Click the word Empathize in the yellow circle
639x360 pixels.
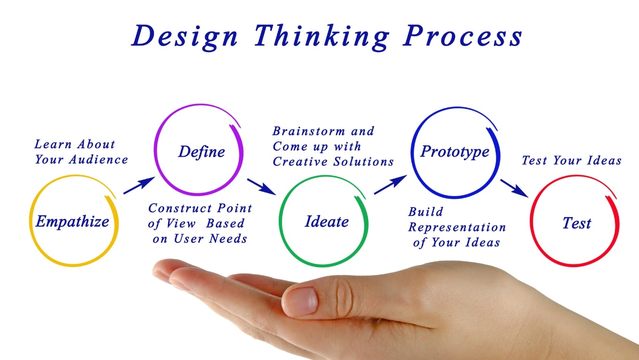(72, 221)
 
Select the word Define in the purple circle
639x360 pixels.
(201, 152)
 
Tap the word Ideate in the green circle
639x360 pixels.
(327, 222)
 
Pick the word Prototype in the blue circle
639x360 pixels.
(455, 151)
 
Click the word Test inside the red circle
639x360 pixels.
(577, 223)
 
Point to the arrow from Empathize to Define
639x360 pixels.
(139, 185)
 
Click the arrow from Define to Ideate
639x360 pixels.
(261, 186)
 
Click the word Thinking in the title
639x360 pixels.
(321, 36)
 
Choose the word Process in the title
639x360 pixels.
(463, 36)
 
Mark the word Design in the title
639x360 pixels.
(184, 36)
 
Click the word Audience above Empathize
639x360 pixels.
(99, 160)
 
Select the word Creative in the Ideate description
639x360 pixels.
(301, 162)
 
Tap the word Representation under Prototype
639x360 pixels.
(457, 228)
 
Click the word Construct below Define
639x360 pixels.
(175, 208)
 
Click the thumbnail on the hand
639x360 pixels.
(300, 300)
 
